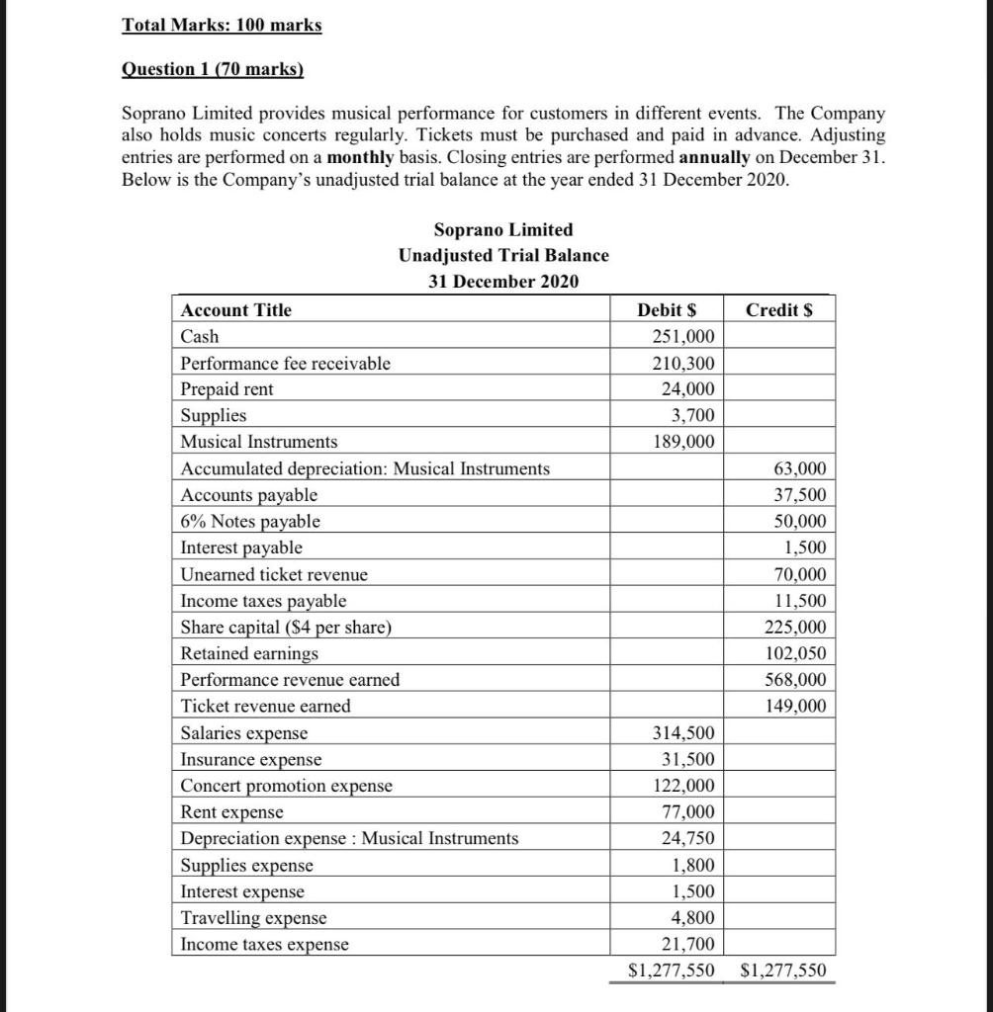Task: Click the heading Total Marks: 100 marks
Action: (222, 25)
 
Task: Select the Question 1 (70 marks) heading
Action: (212, 69)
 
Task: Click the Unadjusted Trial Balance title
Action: (503, 255)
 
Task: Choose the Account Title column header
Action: (236, 310)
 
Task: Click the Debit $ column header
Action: (677, 310)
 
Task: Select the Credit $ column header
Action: (779, 310)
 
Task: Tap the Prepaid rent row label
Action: (227, 389)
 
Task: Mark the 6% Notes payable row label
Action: (250, 521)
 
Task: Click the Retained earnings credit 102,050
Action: (796, 654)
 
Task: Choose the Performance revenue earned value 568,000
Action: (796, 680)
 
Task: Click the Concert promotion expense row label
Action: (287, 786)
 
